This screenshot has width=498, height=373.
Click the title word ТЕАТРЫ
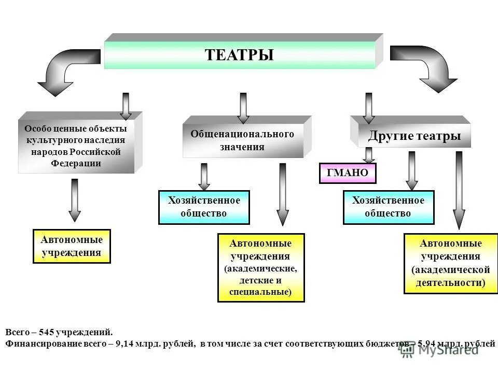coord(239,55)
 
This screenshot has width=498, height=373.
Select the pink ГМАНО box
coord(347,174)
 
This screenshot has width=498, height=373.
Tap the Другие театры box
coord(414,136)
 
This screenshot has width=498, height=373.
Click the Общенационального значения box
coord(242,140)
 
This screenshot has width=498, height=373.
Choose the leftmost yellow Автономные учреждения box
coord(72,246)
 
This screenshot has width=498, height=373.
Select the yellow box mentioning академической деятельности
coord(450,263)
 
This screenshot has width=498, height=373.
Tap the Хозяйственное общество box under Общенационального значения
coord(204,207)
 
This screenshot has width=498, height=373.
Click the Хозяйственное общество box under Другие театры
coord(388,207)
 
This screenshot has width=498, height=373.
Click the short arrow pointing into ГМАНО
coord(368,155)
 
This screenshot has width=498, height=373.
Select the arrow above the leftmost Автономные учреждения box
coord(75,200)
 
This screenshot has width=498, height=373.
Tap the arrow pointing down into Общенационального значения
coord(243,107)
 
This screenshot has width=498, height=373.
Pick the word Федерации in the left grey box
coord(76,163)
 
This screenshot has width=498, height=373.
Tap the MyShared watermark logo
coord(438,350)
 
